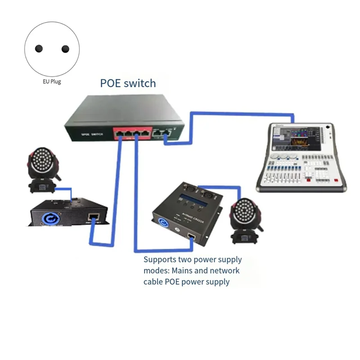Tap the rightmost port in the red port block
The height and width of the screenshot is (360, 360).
(x=144, y=133)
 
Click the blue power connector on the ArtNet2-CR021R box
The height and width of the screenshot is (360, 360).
(x=162, y=222)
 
